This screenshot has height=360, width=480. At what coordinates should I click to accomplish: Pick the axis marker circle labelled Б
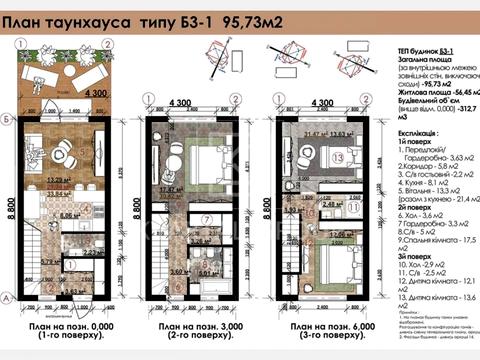[8, 119]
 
